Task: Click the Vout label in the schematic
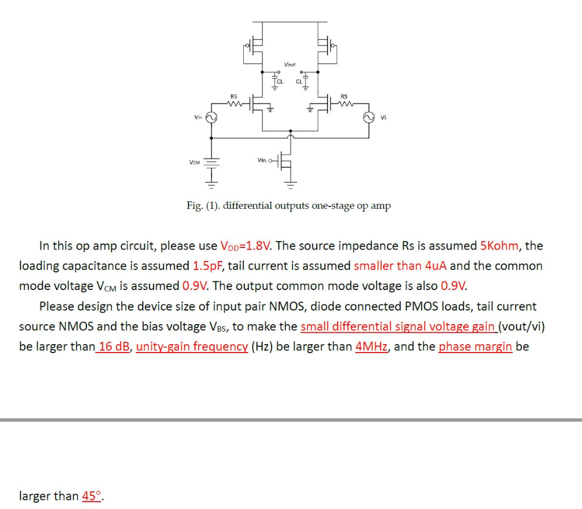290,64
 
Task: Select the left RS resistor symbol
233,104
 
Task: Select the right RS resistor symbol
345,104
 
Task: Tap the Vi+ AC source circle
211,118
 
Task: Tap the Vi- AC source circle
368,118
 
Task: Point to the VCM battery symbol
211,163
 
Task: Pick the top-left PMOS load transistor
256,44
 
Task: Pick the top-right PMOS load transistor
324,44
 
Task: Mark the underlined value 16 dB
114,346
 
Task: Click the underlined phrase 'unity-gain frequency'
192,346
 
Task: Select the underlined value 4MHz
372,346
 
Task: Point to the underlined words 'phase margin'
475,346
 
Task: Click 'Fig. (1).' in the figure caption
203,206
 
